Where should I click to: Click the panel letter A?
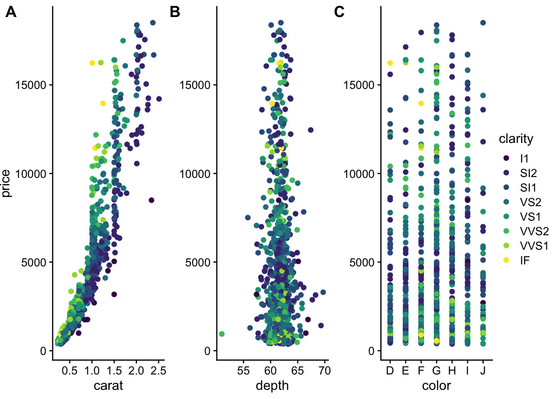point(11,12)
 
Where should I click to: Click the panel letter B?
point(175,12)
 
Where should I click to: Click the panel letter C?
point(339,12)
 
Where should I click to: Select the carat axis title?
point(108,386)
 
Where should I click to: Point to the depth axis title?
point(272,386)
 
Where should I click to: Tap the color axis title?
point(436,386)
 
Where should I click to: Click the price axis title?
point(6,183)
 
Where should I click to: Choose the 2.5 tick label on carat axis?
point(158,371)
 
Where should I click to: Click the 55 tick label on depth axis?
point(243,371)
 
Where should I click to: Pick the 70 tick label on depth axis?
point(325,371)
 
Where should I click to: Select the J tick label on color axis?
point(483,371)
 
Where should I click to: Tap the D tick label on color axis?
point(390,371)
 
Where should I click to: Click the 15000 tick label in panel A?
point(31,85)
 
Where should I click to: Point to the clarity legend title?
point(516,139)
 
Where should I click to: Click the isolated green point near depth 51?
point(222,334)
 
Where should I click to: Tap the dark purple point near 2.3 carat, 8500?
point(152,200)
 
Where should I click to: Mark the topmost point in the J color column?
point(483,23)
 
